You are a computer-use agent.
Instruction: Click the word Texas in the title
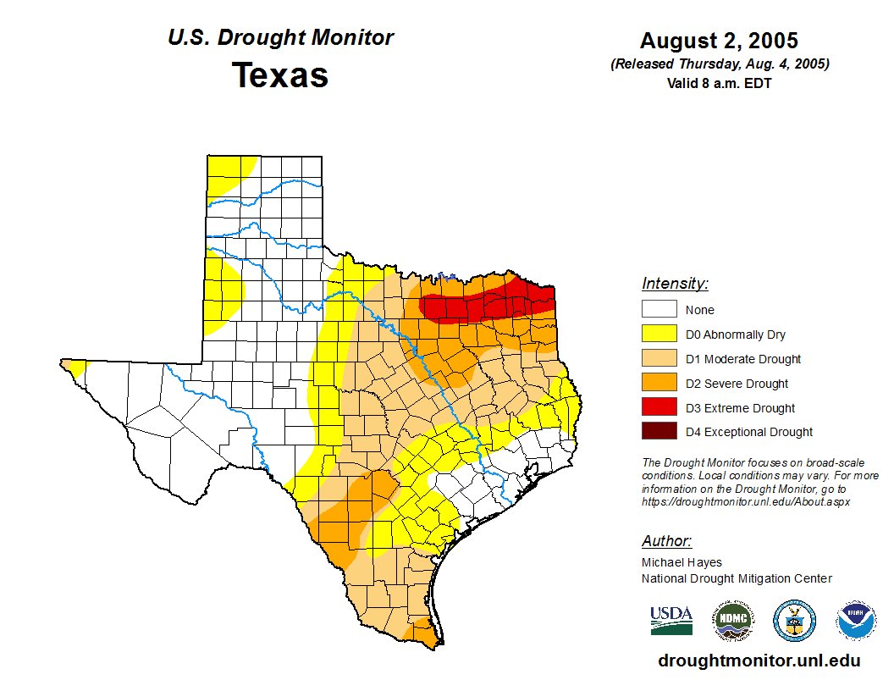(x=280, y=75)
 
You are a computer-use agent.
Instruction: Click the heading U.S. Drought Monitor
(x=280, y=38)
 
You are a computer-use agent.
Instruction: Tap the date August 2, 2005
(x=719, y=41)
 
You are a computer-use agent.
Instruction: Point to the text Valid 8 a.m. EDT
(x=719, y=83)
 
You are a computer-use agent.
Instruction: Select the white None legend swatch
(x=659, y=310)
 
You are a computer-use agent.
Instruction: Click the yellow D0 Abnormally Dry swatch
(x=659, y=334)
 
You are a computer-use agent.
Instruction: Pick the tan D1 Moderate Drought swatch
(x=659, y=359)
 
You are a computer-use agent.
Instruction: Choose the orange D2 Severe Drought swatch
(x=659, y=384)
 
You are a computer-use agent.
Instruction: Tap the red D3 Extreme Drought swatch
(x=659, y=408)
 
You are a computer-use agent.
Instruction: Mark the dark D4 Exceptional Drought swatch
(x=659, y=432)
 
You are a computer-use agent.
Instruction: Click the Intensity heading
(x=675, y=284)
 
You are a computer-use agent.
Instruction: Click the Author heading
(x=666, y=541)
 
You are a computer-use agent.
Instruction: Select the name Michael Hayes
(x=682, y=562)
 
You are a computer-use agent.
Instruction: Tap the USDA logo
(x=671, y=620)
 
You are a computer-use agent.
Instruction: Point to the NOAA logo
(x=856, y=621)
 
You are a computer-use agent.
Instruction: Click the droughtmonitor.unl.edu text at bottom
(x=759, y=661)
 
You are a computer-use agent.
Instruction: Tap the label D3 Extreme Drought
(x=740, y=408)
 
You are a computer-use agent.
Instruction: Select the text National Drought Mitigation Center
(x=737, y=578)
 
